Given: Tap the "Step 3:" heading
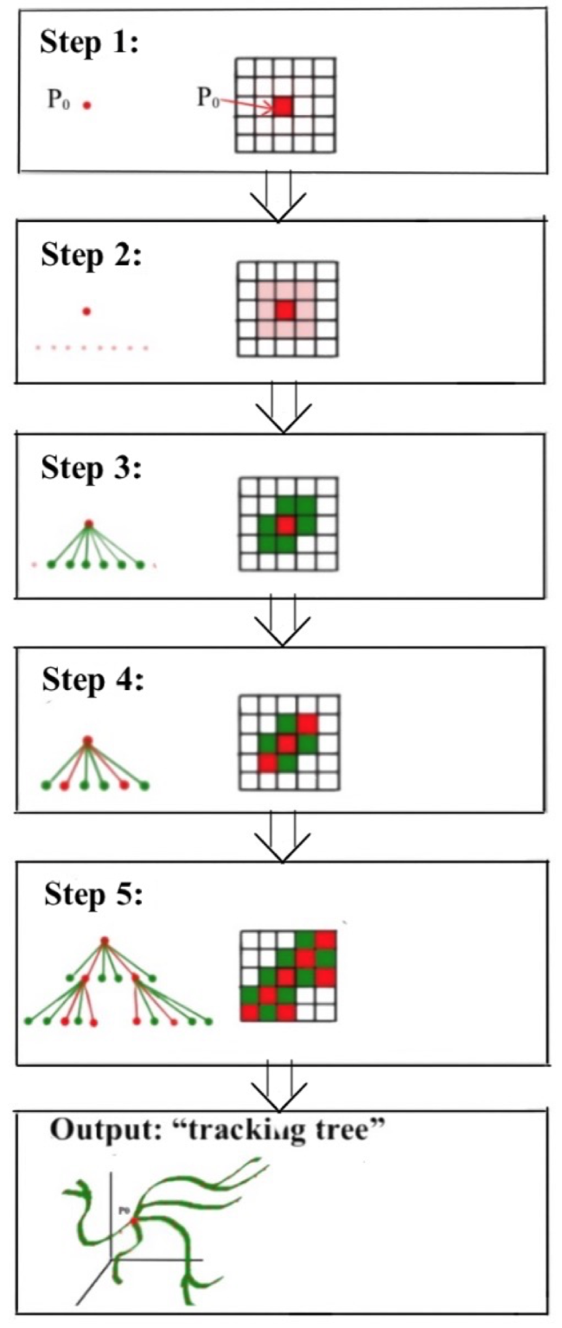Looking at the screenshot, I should click(91, 470).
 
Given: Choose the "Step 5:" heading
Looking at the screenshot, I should click(95, 895).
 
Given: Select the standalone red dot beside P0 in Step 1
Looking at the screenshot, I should click(87, 105).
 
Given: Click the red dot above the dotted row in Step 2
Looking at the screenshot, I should click(86, 310).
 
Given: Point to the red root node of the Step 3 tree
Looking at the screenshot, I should click(88, 524).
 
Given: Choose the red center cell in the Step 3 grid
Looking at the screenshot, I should click(285, 525).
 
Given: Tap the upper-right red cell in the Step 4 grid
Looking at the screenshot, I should click(307, 724).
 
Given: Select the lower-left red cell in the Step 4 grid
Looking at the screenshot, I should click(267, 763).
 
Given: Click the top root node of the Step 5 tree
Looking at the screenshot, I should click(104, 941).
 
